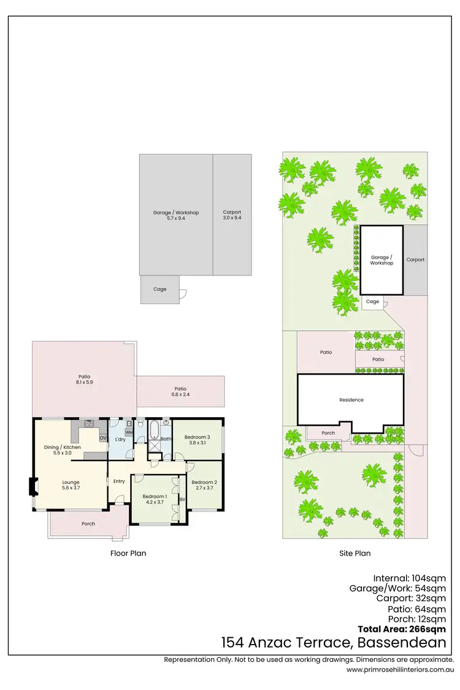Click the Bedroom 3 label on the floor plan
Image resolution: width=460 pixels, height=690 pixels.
[197, 437]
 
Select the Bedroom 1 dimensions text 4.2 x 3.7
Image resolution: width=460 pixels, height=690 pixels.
[155, 502]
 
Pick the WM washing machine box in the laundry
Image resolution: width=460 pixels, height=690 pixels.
[129, 432]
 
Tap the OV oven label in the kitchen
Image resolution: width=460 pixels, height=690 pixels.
[102, 437]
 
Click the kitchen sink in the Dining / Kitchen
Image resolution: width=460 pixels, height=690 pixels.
[89, 423]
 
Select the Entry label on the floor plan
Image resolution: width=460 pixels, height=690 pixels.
[119, 481]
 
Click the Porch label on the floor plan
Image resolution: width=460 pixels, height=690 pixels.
[88, 524]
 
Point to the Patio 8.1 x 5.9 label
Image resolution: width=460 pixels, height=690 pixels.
[85, 379]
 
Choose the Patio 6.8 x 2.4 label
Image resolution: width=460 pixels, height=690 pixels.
[180, 391]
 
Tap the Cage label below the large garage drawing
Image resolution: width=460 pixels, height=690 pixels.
[159, 289]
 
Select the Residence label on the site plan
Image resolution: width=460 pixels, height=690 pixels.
[351, 400]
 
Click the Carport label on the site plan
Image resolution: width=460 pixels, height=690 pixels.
[415, 259]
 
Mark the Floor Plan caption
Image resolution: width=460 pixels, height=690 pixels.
[128, 553]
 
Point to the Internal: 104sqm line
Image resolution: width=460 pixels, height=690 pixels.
[409, 578]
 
